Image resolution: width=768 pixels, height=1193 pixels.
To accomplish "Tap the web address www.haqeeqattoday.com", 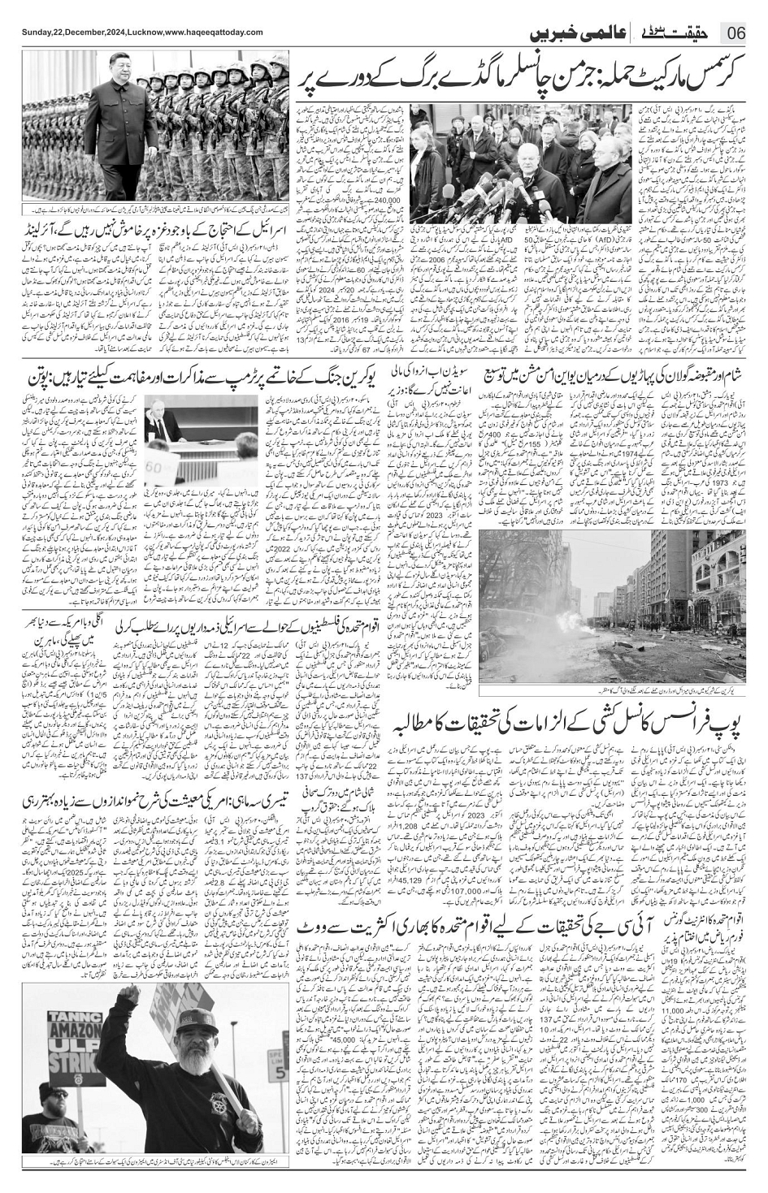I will pyautogui.click(x=214, y=32).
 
